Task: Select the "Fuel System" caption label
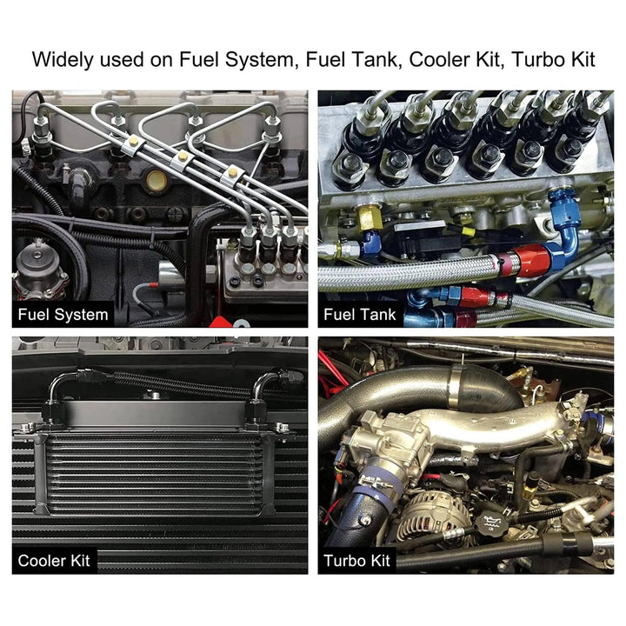coord(63,315)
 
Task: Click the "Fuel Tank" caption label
coord(359,315)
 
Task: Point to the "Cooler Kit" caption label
coord(54,561)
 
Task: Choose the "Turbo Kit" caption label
coord(356,561)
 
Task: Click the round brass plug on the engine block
coord(156,181)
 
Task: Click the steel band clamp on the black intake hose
coord(459,390)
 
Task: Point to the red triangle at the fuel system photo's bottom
coord(221,322)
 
